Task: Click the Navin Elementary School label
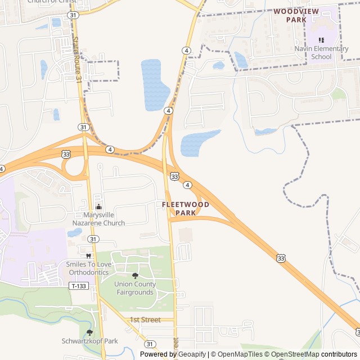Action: [329, 53]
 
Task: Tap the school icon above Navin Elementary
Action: [321, 40]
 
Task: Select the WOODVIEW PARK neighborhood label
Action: [296, 15]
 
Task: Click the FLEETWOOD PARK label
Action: [186, 209]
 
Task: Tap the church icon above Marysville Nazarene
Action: [99, 207]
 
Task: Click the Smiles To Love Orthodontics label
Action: [89, 268]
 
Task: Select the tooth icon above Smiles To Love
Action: [88, 255]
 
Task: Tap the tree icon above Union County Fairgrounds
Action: [135, 276]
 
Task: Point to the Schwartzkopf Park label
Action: [90, 341]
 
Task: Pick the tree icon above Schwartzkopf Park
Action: [89, 332]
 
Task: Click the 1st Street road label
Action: [145, 319]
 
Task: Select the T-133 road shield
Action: [78, 286]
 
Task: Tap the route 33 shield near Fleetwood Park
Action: [175, 177]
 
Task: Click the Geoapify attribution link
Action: [192, 354]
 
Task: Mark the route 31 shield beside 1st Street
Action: [150, 344]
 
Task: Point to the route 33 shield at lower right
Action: [281, 258]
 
